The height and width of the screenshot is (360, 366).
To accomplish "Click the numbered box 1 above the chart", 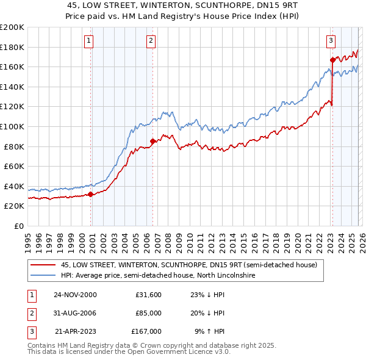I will pos(88,41).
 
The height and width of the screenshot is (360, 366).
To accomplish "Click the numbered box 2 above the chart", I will pos(151,41).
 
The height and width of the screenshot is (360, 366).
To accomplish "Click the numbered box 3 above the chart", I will pos(330,41).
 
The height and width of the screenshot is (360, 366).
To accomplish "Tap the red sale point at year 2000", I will pos(91,195).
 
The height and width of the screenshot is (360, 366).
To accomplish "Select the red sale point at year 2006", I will pos(152,142).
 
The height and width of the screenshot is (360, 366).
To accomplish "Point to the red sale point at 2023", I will pos(332,60).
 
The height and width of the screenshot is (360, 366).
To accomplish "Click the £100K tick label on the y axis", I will pos(12,126).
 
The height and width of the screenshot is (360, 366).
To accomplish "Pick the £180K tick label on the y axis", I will pos(12,47).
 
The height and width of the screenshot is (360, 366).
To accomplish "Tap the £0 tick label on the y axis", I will pos(18,226).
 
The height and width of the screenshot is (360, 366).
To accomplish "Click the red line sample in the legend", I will pos(43,265).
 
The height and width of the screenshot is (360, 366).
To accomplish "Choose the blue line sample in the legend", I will pos(43,276).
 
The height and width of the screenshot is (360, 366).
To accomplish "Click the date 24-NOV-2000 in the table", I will pos(75,295).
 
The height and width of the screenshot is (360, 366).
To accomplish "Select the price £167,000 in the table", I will pos(146,331).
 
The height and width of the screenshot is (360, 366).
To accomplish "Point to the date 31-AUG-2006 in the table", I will pos(75,313).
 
